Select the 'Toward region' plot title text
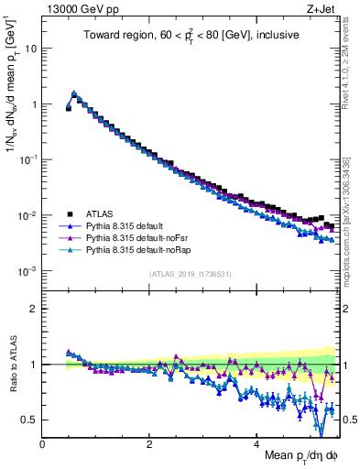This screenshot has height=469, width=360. click(x=192, y=37)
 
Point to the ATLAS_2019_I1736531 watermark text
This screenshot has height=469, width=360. click(x=191, y=274)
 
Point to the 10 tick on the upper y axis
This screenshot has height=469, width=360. click(x=31, y=48)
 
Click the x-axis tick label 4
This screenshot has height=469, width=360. click(x=256, y=442)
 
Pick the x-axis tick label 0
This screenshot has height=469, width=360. click(x=42, y=442)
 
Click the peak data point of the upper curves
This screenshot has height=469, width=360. click(x=74, y=93)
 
